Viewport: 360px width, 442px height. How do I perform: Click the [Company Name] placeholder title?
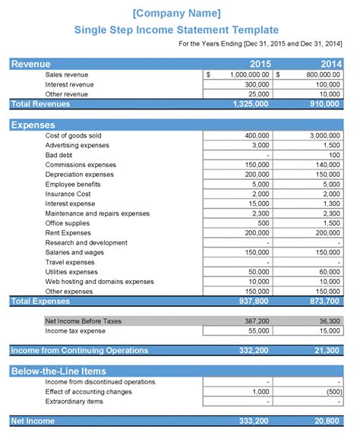click(177, 13)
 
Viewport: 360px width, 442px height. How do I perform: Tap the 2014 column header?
click(330, 65)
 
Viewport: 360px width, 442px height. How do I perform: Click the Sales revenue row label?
click(67, 75)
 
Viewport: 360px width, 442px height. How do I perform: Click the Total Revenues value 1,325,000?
click(251, 104)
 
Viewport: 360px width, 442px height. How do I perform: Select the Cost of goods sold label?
click(73, 136)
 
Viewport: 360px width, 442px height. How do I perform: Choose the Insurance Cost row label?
click(68, 194)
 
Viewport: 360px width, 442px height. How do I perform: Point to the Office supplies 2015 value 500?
click(262, 223)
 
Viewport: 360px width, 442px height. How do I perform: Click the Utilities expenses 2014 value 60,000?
click(329, 272)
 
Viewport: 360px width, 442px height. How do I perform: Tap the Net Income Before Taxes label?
click(83, 321)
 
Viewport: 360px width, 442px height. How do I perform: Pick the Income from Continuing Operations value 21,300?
click(328, 350)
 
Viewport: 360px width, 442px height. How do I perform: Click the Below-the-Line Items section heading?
click(58, 371)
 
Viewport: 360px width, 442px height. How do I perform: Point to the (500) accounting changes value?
click(332, 391)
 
